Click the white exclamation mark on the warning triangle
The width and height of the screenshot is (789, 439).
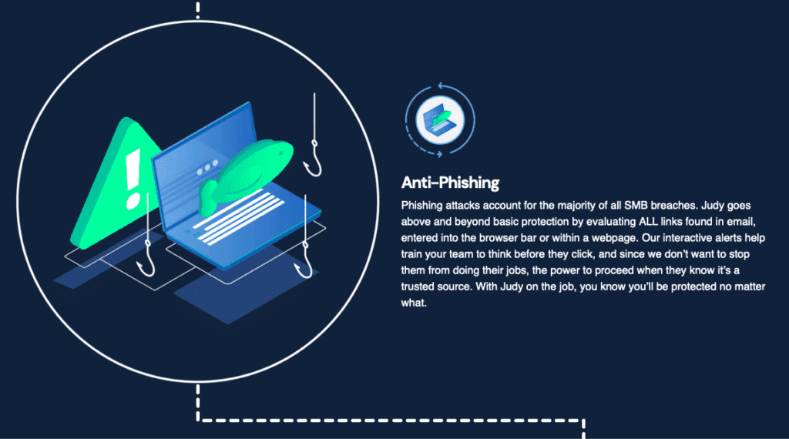coord(133,179)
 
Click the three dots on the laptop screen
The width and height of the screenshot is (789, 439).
coord(207,167)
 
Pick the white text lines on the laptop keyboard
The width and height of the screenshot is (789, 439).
coord(239,218)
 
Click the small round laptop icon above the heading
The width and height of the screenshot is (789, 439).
coord(440,120)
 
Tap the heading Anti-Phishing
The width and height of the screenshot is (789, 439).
coord(450,183)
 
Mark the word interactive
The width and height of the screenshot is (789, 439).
coord(687,238)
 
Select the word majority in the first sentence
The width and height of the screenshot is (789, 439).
coord(576,206)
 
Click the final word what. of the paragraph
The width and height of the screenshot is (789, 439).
coord(414,303)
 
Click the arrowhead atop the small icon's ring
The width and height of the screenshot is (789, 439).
coord(442,86)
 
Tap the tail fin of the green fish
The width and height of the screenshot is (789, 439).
coord(206,198)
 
